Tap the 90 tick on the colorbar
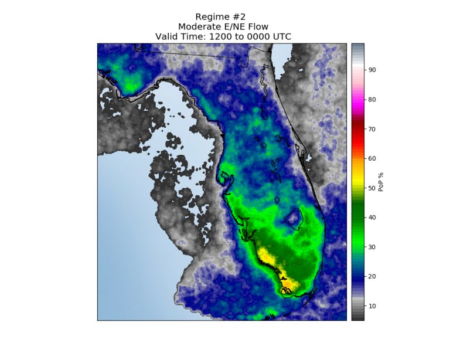click(372, 70)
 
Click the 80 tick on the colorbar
click(372, 99)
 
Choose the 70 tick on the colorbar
click(372, 129)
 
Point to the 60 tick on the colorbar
click(372, 158)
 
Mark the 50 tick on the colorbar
click(372, 188)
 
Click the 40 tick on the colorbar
click(372, 218)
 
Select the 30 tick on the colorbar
click(372, 247)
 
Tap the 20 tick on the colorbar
click(372, 276)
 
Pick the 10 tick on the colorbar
click(372, 306)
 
